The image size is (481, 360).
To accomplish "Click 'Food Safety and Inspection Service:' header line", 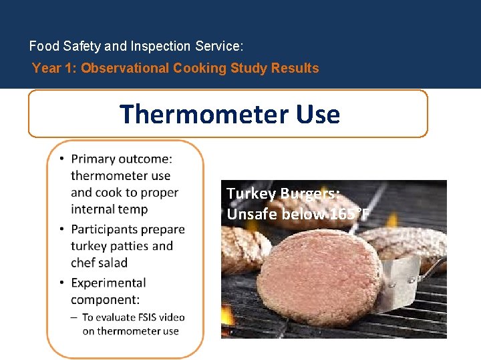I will (136, 47).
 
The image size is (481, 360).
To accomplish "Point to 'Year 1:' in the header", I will (55, 68).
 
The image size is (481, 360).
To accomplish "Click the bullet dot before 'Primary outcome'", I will (61, 159).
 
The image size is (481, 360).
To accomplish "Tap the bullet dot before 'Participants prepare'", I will (61, 229).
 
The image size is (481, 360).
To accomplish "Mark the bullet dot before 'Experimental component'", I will (61, 283).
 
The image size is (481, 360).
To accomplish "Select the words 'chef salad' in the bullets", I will (99, 263).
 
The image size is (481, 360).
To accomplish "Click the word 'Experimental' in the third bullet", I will (108, 283).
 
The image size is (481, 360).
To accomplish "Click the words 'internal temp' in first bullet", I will (109, 209).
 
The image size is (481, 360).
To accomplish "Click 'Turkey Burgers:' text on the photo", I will (283, 194).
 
